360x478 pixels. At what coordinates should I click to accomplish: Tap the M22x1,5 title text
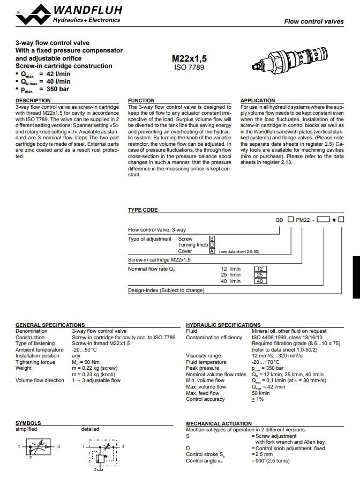(189, 58)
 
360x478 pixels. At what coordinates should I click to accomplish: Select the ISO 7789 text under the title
(189, 68)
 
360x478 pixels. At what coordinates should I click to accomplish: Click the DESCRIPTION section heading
(33, 101)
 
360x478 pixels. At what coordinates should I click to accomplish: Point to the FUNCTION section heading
(141, 101)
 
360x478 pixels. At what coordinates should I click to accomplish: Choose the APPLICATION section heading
(258, 101)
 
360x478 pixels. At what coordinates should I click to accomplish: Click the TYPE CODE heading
(142, 210)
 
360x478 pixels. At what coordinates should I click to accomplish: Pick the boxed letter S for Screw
(212, 238)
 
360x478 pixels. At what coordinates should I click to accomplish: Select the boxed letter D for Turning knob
(212, 244)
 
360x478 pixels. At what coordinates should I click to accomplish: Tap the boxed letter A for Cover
(212, 251)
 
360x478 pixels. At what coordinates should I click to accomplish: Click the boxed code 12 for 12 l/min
(260, 268)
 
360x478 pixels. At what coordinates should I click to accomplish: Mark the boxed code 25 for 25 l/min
(260, 275)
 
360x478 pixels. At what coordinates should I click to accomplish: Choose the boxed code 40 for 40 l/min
(260, 281)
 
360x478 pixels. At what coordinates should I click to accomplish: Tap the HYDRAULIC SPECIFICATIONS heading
(223, 325)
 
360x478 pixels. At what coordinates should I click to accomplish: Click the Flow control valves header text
(314, 21)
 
